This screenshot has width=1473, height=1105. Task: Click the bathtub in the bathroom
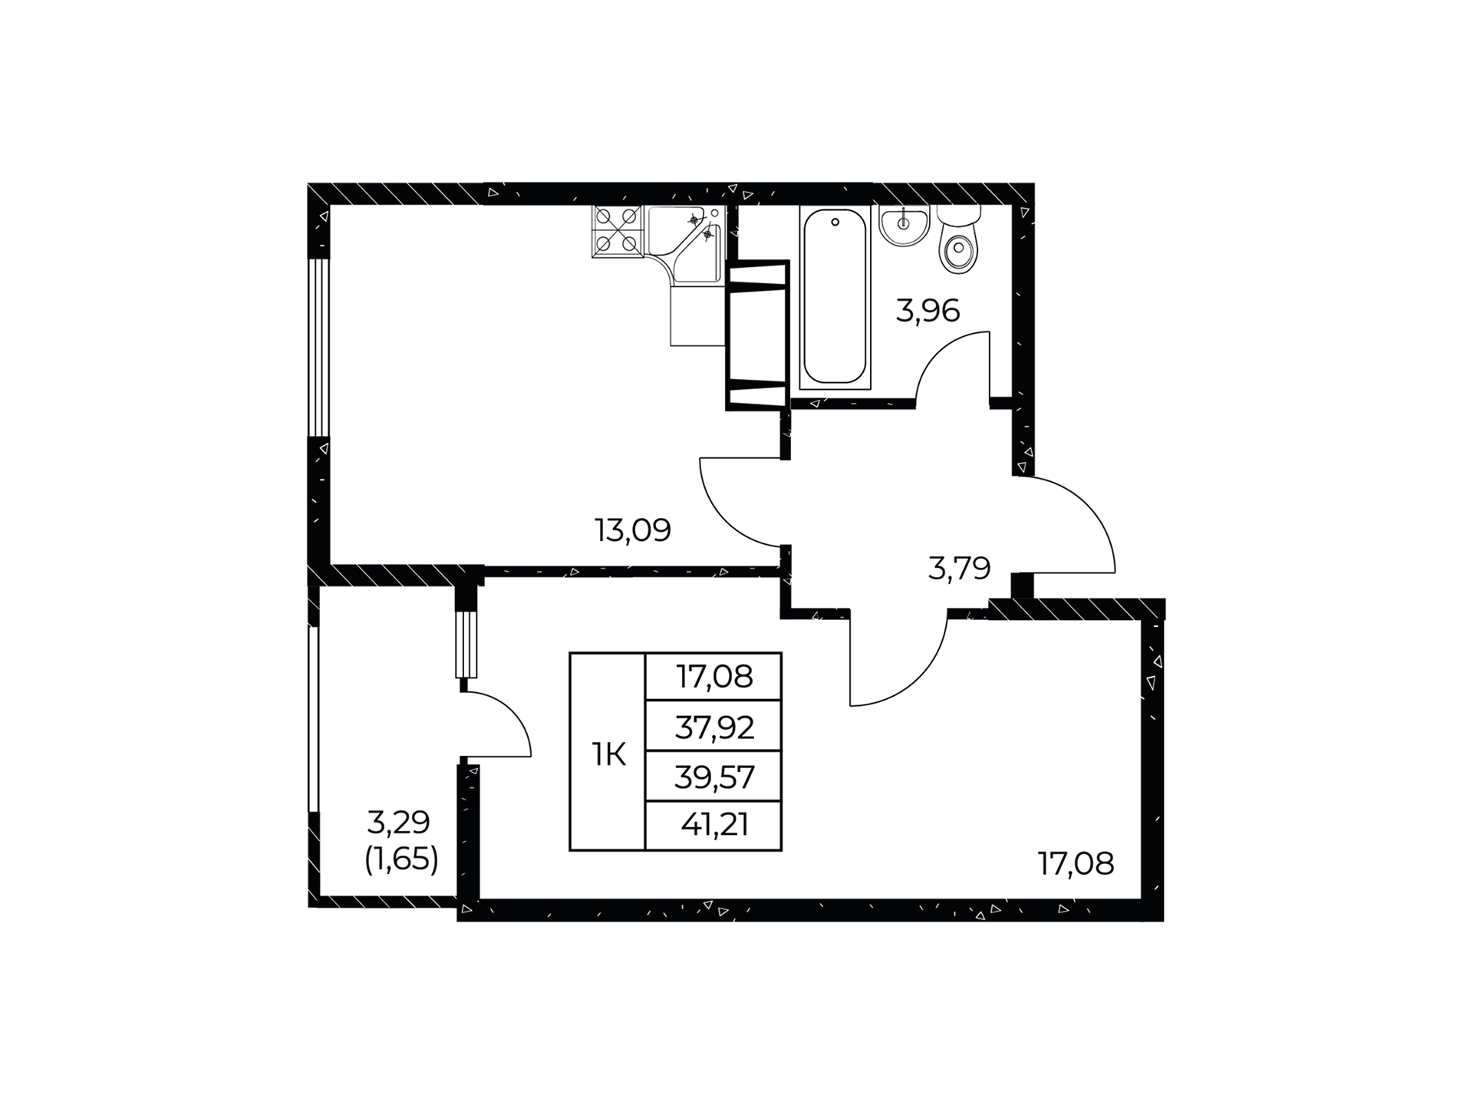click(x=835, y=297)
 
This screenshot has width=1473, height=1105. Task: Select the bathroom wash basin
click(x=905, y=225)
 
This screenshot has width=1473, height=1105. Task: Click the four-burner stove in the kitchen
click(x=618, y=232)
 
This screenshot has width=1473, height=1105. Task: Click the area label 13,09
click(x=633, y=530)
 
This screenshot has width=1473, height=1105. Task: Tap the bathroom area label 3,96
click(x=928, y=311)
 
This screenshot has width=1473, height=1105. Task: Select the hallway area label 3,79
click(x=959, y=569)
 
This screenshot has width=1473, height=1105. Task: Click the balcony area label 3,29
click(x=399, y=823)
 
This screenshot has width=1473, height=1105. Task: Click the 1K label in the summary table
click(x=608, y=755)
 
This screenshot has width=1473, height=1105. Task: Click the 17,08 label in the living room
click(x=1076, y=865)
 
